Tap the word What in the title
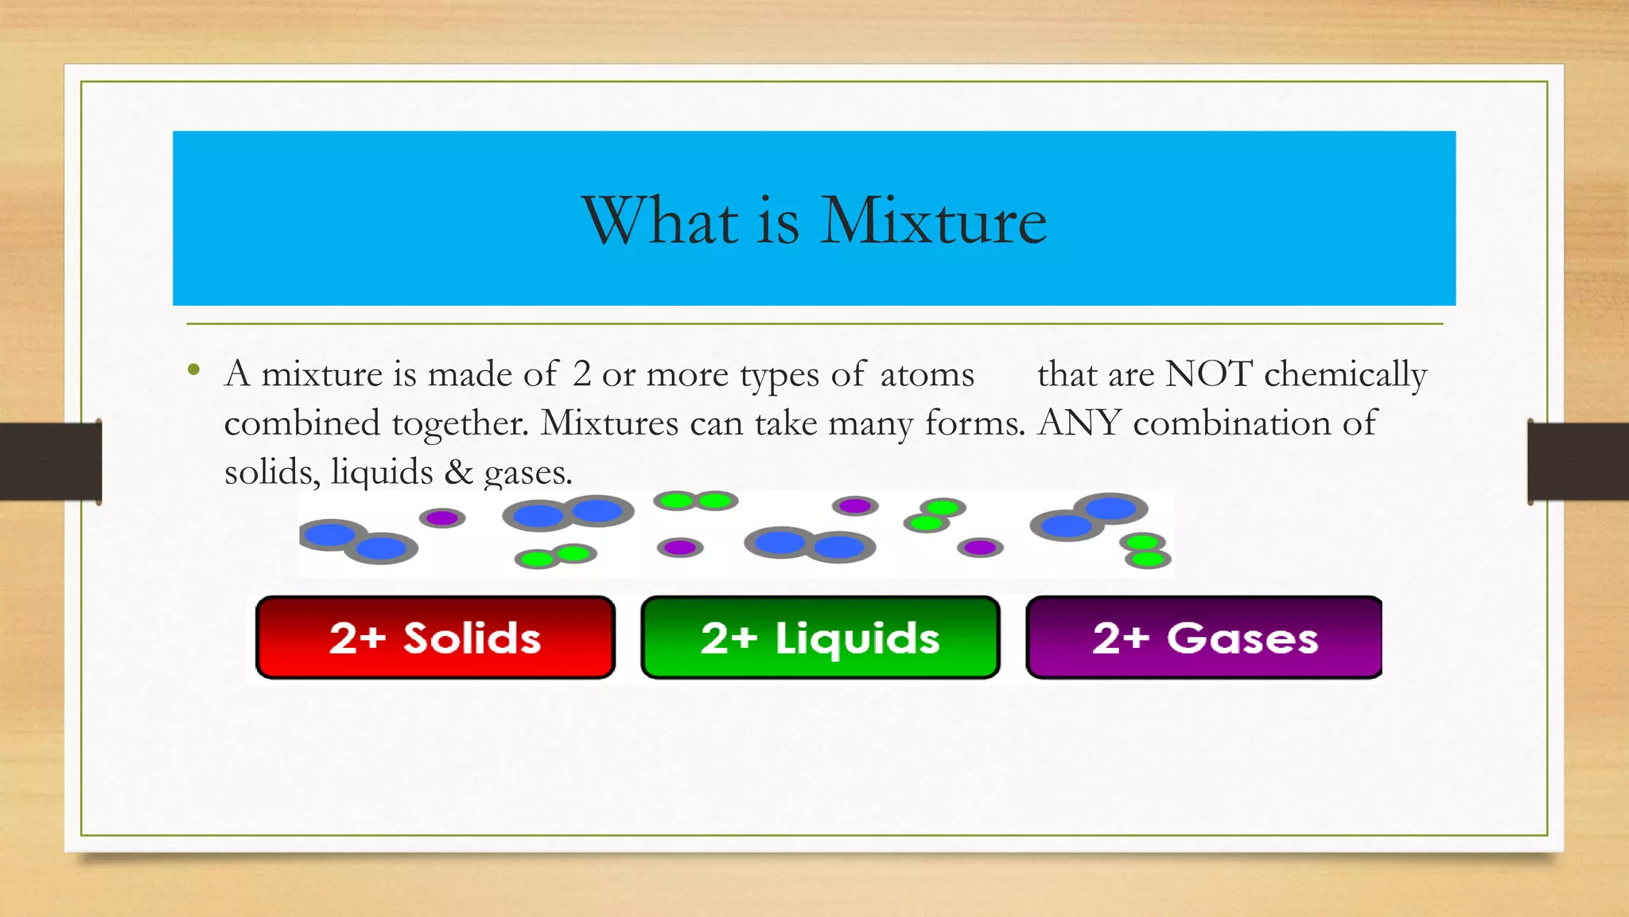point(660,220)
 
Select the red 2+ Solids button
point(435,638)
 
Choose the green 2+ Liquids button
point(820,638)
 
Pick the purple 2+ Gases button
point(1204,638)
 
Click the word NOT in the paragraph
point(1209,373)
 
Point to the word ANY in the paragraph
point(1079,423)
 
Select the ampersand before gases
point(458,472)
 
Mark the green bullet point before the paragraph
point(193,369)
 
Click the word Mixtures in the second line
point(609,423)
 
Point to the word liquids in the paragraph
point(382,472)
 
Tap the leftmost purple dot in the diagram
point(442,518)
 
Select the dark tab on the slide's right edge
point(1578,462)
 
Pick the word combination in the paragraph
point(1232,423)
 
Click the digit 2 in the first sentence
point(581,374)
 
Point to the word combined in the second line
point(301,423)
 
